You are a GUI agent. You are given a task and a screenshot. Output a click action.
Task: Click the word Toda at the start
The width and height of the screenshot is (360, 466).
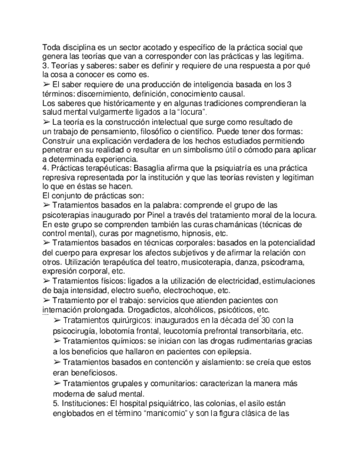[51, 48]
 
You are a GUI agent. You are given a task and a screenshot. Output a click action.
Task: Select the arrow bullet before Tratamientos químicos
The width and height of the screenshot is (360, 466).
[57, 341]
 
